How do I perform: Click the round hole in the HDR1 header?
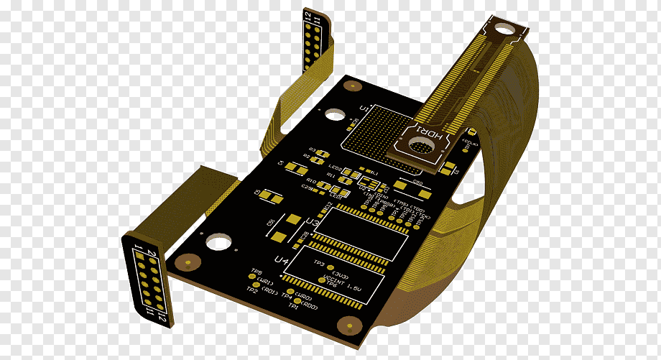[x=419, y=146]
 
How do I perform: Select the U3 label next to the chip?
[x=313, y=223]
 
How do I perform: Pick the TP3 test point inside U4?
[x=330, y=267]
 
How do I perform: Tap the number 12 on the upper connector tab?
[x=308, y=16]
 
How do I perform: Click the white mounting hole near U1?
[x=335, y=114]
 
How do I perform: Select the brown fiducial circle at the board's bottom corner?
[x=351, y=327]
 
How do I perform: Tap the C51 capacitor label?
[x=271, y=224]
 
